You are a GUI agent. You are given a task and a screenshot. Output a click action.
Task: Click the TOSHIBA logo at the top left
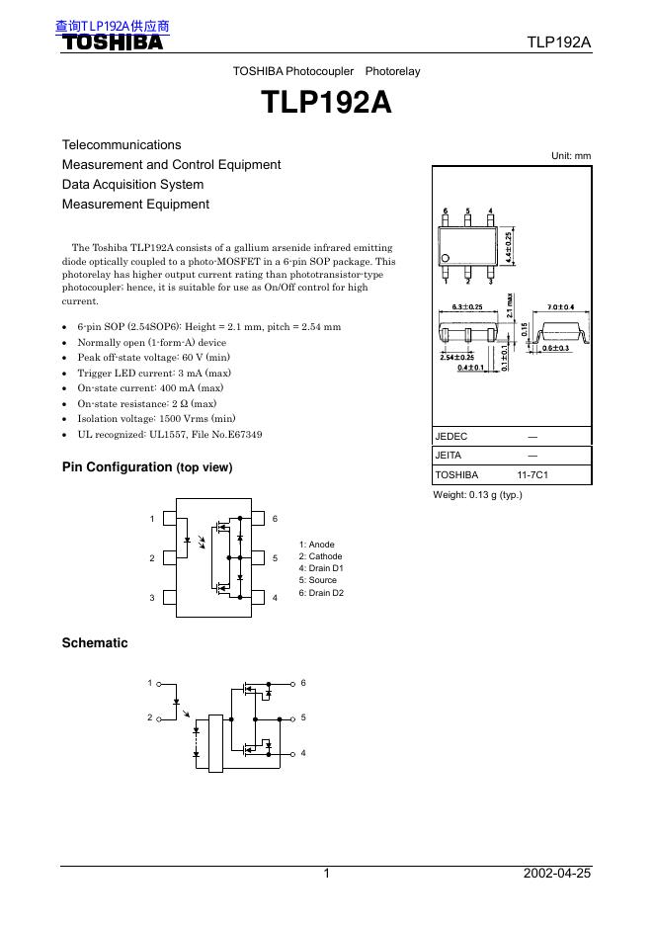[x=113, y=42]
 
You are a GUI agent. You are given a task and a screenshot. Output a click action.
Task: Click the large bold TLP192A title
[x=326, y=104]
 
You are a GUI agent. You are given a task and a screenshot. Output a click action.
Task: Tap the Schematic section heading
[x=95, y=643]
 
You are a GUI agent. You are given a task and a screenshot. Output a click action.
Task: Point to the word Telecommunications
[x=122, y=145]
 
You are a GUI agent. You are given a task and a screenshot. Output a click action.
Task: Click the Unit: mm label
[x=571, y=156]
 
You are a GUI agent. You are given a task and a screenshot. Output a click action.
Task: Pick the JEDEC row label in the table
[x=451, y=436]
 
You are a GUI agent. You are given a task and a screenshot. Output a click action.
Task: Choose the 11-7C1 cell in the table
[x=532, y=474]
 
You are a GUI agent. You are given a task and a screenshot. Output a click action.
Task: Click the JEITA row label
[x=449, y=456]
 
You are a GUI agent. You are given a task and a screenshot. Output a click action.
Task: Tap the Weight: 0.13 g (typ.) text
[x=478, y=494]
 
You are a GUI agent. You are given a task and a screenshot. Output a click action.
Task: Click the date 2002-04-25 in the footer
[x=557, y=874]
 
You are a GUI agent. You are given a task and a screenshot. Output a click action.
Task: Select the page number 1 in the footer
[x=325, y=874]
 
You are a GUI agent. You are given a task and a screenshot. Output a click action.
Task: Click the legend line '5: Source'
[x=317, y=580]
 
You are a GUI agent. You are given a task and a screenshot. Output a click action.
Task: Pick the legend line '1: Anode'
[x=316, y=545]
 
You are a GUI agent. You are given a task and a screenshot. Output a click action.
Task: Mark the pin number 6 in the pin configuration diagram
[x=275, y=519]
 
